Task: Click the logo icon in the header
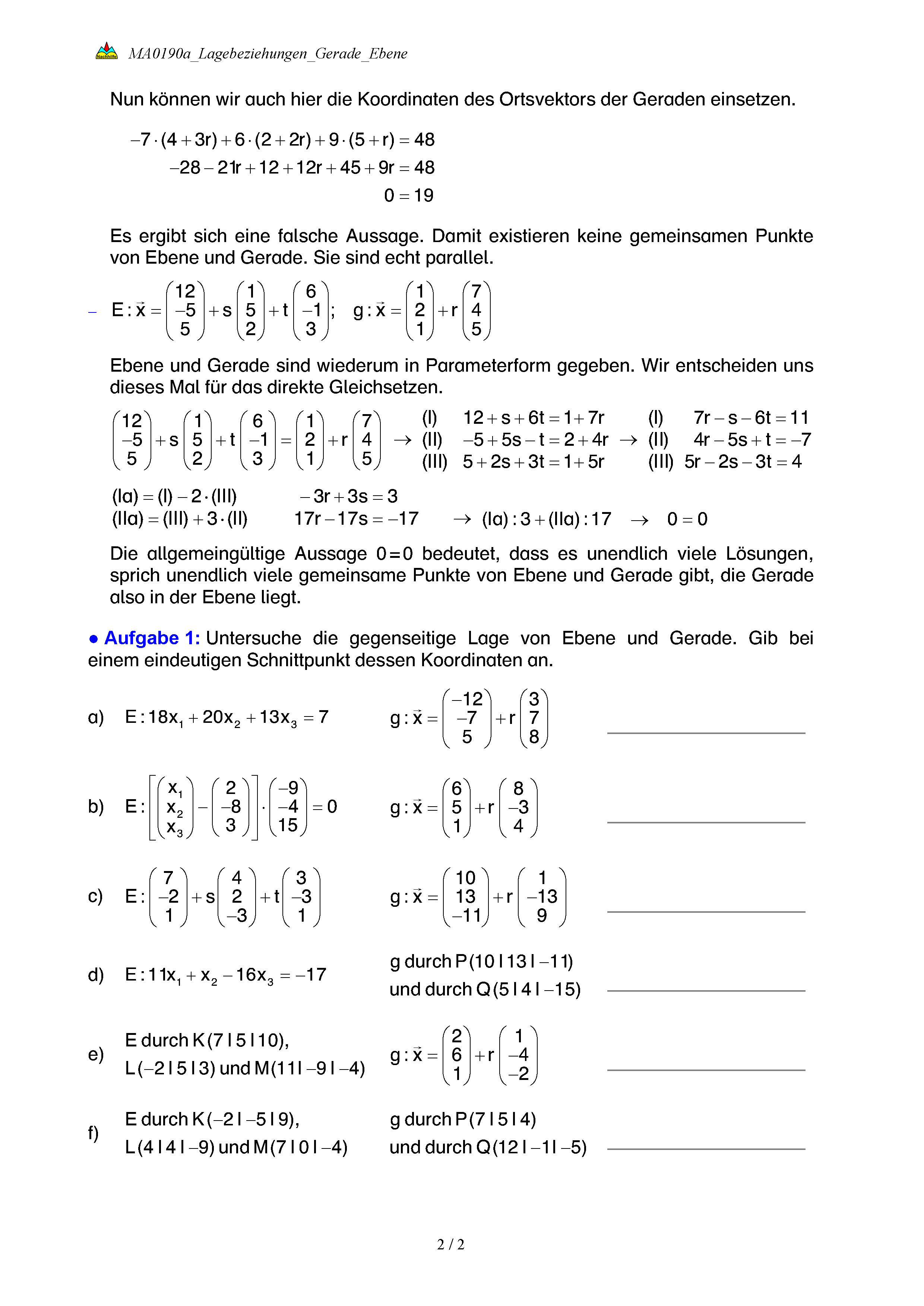(x=107, y=51)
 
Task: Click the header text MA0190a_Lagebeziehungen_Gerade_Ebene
(x=268, y=54)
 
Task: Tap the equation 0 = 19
(x=408, y=195)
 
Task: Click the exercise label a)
(x=96, y=717)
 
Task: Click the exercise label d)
(x=96, y=975)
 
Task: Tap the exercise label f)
(x=93, y=1132)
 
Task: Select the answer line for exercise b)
(x=706, y=822)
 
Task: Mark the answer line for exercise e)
(x=706, y=1070)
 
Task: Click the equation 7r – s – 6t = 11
(x=750, y=417)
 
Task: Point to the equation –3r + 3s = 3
(x=348, y=496)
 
